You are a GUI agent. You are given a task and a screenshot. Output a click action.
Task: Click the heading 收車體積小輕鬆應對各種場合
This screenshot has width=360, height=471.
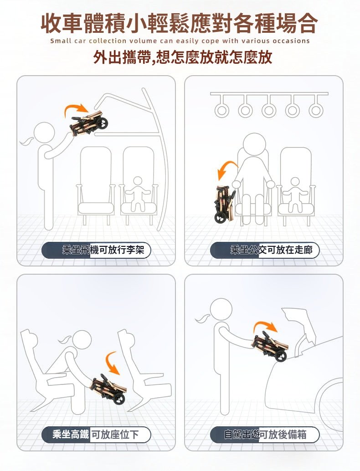click(x=180, y=23)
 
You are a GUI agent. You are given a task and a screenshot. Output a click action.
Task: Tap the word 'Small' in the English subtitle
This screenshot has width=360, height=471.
click(x=61, y=41)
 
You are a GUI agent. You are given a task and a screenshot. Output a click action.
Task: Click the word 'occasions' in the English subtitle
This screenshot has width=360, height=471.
click(x=291, y=41)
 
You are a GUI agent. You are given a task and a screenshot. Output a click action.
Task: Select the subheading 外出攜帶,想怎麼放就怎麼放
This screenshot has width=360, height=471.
click(x=183, y=57)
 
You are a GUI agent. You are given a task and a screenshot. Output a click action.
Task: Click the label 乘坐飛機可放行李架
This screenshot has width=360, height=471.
click(x=103, y=250)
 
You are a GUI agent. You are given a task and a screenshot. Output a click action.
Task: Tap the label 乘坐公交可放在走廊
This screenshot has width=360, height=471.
click(x=271, y=250)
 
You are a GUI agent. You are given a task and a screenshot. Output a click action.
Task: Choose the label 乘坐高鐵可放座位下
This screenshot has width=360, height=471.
click(x=96, y=435)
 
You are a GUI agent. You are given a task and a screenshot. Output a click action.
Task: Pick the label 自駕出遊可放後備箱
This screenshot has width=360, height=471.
click(x=265, y=435)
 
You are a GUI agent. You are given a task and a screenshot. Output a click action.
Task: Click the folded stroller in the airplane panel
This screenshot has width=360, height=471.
click(x=88, y=123)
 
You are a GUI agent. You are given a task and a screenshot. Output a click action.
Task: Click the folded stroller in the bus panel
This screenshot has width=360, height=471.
click(x=225, y=204)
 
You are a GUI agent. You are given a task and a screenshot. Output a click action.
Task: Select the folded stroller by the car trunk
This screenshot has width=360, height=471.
click(x=270, y=345)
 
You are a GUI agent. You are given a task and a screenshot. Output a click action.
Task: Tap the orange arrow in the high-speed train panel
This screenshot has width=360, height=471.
click(x=113, y=363)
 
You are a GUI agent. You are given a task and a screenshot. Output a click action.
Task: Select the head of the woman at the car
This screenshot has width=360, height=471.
click(x=221, y=310)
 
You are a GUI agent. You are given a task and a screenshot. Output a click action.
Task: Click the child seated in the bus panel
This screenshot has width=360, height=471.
click(x=295, y=195)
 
